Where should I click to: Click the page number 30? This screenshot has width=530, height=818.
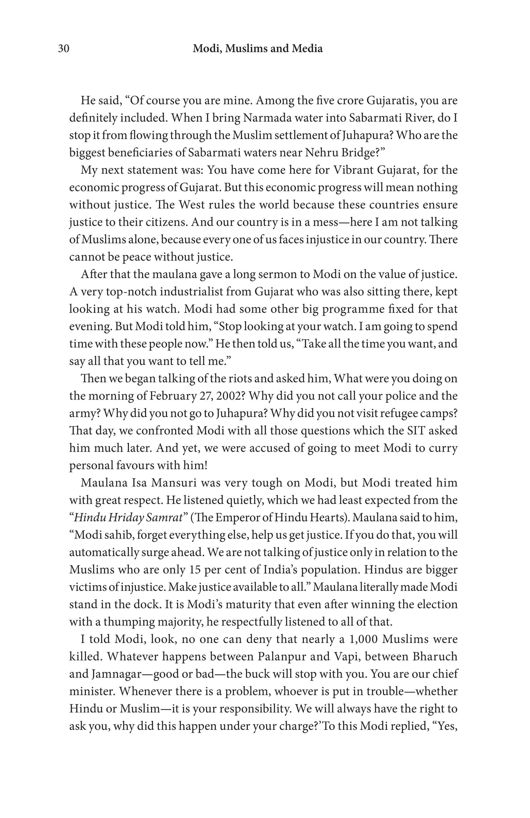(64, 49)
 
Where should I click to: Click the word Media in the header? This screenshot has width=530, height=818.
(307, 49)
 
